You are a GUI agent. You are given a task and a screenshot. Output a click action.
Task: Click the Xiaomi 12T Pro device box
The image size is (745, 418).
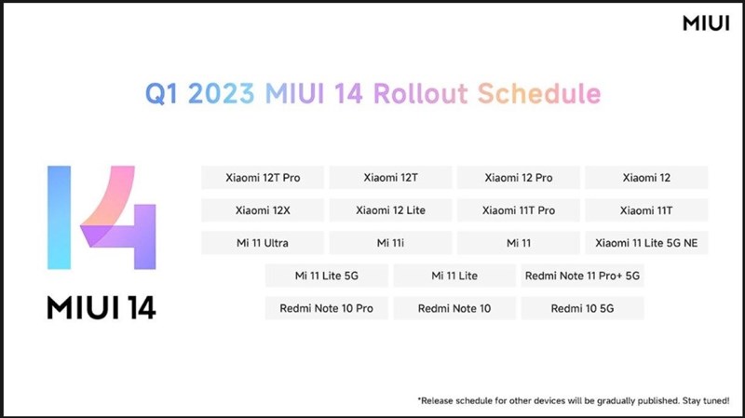263,177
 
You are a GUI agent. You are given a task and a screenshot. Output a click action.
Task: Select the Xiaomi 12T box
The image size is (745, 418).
390,177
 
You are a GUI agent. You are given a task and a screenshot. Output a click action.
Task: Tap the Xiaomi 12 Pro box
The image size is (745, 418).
518,177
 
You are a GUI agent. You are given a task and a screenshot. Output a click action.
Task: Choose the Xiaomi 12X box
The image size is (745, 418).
263,210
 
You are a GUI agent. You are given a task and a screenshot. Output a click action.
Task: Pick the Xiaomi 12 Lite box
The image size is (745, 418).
390,210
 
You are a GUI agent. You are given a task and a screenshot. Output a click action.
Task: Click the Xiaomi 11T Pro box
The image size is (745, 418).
518,210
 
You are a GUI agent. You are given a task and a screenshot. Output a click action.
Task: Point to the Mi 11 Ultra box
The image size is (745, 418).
263,243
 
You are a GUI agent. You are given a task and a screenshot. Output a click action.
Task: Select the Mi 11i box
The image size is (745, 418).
390,243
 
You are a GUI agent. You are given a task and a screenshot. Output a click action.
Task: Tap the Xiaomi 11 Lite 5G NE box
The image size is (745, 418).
646,243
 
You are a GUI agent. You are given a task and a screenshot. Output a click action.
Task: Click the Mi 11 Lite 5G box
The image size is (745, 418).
326,276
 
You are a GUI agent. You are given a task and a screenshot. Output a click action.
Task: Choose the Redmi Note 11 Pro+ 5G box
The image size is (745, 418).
583,276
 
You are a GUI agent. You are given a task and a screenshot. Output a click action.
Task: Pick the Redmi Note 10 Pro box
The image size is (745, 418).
326,308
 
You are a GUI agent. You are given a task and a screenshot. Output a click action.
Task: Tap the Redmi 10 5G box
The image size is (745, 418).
583,308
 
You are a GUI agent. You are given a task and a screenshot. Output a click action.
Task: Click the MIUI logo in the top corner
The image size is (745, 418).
705,24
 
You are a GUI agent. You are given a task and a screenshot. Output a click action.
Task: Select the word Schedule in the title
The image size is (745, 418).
540,94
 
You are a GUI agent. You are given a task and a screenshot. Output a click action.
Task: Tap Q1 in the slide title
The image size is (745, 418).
163,94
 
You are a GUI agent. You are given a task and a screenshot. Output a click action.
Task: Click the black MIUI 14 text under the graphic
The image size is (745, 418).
102,307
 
